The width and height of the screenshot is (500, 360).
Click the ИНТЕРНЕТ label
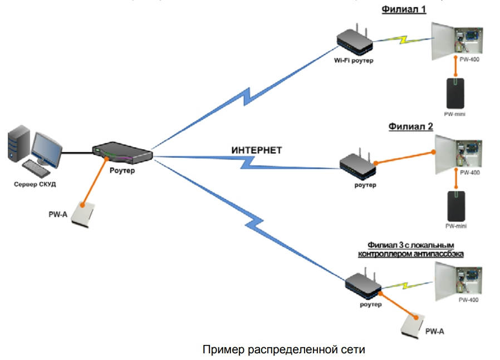[x=257, y=150]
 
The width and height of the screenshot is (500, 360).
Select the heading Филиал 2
[x=411, y=126]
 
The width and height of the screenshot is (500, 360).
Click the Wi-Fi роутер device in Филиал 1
[x=354, y=41]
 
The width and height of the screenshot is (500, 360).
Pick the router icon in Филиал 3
[x=362, y=285]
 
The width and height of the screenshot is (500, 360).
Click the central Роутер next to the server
[x=122, y=152]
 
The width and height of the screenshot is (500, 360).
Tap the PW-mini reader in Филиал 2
[x=455, y=206]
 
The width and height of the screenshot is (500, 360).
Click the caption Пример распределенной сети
[x=283, y=349]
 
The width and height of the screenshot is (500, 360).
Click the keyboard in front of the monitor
[x=36, y=167]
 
